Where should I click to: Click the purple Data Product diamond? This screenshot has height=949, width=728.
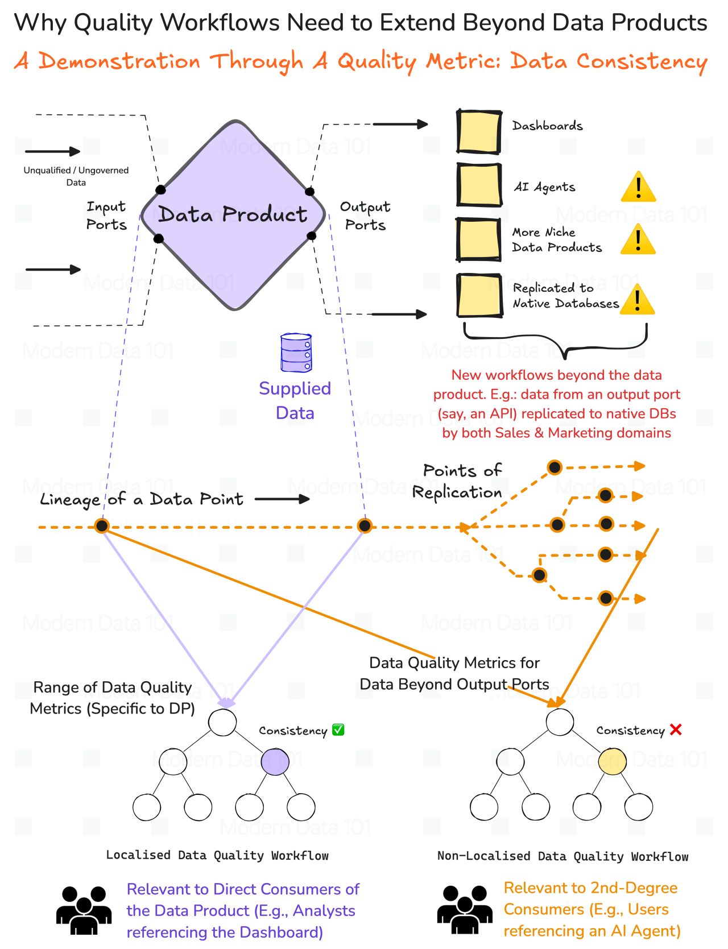[x=233, y=215]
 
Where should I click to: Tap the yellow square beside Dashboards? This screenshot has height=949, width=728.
[x=479, y=132]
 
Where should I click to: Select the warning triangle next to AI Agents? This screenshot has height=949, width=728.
[x=638, y=187]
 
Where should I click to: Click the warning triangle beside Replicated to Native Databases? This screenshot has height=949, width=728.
[x=637, y=300]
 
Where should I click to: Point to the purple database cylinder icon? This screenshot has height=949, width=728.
[x=296, y=353]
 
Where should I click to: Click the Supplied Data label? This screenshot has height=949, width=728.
[x=295, y=400]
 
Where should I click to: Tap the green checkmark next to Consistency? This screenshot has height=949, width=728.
[x=338, y=730]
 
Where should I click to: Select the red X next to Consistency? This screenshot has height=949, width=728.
[x=676, y=730]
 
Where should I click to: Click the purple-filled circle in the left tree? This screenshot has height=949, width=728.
[x=275, y=762]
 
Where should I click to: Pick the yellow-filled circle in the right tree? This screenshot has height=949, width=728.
[x=613, y=761]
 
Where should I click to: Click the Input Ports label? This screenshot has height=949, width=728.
[x=106, y=216]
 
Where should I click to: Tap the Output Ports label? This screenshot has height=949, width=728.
[x=365, y=216]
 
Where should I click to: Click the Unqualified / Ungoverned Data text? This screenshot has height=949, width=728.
[x=76, y=176]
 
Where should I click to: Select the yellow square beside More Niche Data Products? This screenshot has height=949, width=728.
[x=479, y=239]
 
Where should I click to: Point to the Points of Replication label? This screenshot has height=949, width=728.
[x=458, y=481]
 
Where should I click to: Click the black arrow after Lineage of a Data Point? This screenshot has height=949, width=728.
[x=282, y=499]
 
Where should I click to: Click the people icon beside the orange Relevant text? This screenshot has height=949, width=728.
[x=465, y=909]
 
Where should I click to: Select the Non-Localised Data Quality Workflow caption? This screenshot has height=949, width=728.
[x=562, y=856]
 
